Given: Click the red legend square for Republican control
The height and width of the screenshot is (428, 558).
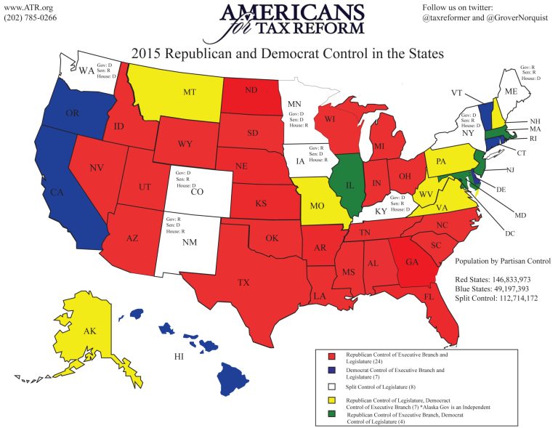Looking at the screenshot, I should tap(331, 357).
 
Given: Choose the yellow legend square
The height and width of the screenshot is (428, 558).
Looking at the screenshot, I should tap(331, 400).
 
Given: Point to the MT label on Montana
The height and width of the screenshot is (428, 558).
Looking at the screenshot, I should tap(190, 92).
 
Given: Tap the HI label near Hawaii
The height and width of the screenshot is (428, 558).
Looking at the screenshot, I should tap(178, 357).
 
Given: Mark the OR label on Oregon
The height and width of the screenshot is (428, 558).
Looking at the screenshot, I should tap(72, 114).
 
